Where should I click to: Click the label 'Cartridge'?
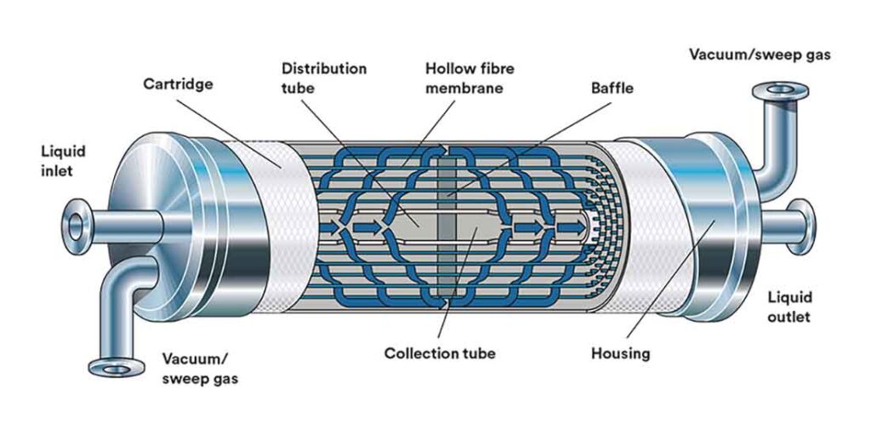(177, 84)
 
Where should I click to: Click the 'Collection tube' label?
(439, 353)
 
